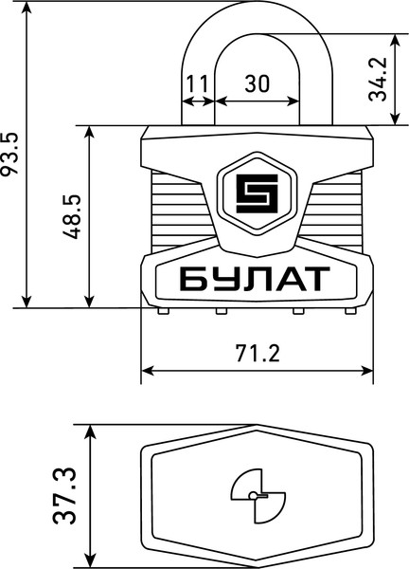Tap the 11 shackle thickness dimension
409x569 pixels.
pyautogui.click(x=198, y=83)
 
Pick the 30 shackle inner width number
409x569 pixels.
pyautogui.click(x=257, y=83)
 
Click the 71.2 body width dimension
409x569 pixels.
pyautogui.click(x=257, y=354)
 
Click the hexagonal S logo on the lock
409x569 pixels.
pyautogui.click(x=256, y=193)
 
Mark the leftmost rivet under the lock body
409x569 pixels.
pyautogui.click(x=165, y=310)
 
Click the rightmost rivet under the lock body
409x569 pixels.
pyautogui.click(x=347, y=310)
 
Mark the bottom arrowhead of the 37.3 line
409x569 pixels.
pyautogui.click(x=91, y=559)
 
